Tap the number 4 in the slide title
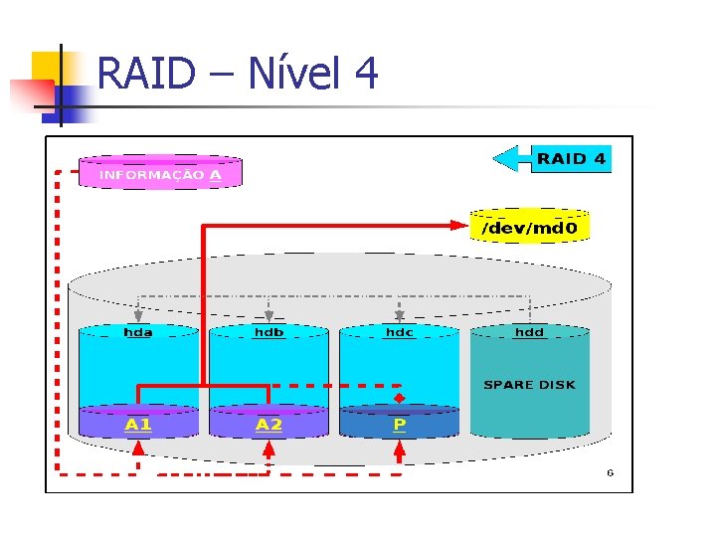pyautogui.click(x=365, y=74)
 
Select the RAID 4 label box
pyautogui.click(x=571, y=158)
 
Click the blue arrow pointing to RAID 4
pyautogui.click(x=511, y=158)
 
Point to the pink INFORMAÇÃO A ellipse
pyautogui.click(x=160, y=173)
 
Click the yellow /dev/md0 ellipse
pyautogui.click(x=529, y=228)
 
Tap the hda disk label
pyautogui.click(x=138, y=332)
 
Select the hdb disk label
pyautogui.click(x=268, y=332)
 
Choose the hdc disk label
pyautogui.click(x=399, y=332)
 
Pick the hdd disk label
pyautogui.click(x=529, y=332)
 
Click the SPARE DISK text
pyautogui.click(x=529, y=385)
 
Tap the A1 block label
pyautogui.click(x=138, y=425)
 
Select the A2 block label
pyautogui.click(x=268, y=425)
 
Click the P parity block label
pyautogui.click(x=400, y=425)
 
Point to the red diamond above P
pyautogui.click(x=400, y=397)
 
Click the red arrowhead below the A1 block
pyautogui.click(x=138, y=449)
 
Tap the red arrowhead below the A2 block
pyautogui.click(x=268, y=449)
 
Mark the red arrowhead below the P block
pyautogui.click(x=400, y=449)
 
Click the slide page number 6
pyautogui.click(x=611, y=473)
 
